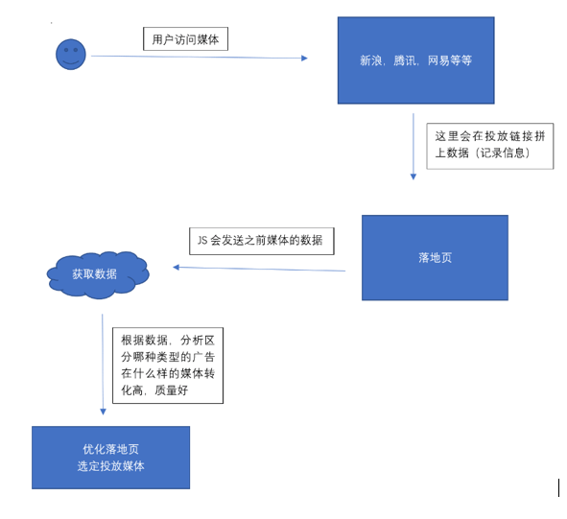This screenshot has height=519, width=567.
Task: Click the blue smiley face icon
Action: (70, 54)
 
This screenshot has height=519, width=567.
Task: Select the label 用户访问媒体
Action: (185, 39)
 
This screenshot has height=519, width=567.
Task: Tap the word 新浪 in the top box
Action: (371, 60)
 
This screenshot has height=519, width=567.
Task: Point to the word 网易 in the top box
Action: (438, 60)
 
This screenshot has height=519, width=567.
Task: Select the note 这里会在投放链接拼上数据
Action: (489, 145)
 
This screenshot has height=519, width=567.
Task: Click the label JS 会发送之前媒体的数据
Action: (261, 241)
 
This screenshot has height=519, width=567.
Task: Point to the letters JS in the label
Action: (202, 241)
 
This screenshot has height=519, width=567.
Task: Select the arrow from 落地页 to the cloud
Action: (259, 269)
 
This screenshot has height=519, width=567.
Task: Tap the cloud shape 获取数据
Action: (97, 274)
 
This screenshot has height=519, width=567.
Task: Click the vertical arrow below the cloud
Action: (103, 365)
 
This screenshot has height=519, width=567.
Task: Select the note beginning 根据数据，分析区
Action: (168, 365)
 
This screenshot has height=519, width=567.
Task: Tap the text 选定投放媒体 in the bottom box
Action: (110, 466)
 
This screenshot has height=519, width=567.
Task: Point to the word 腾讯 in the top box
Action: (405, 60)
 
